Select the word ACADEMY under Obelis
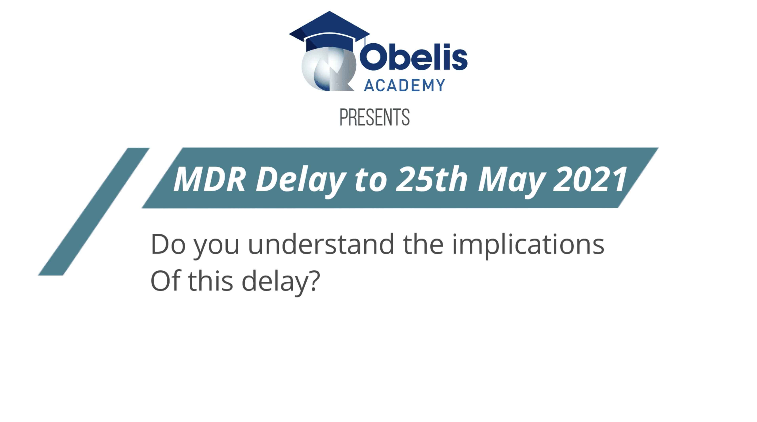(404, 86)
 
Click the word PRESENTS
(375, 117)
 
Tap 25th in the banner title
(432, 179)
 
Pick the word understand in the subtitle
(321, 244)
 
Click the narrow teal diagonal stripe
(94, 211)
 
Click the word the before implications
(423, 244)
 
